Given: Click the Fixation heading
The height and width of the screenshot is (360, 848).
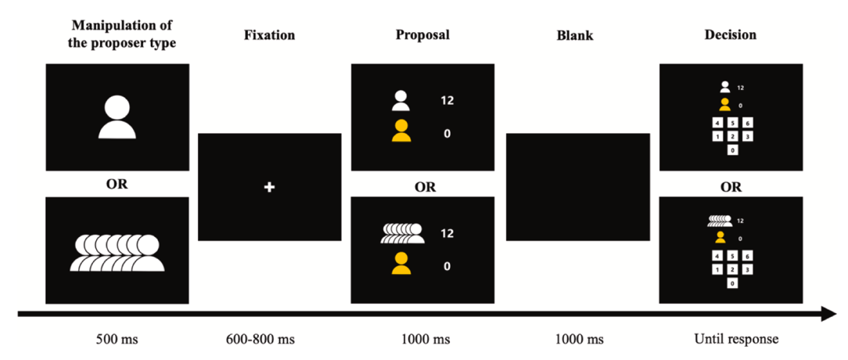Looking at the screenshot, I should point(270,35).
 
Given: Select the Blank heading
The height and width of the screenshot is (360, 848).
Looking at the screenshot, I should point(578,35).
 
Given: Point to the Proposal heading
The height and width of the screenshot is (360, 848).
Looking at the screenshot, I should point(423,35).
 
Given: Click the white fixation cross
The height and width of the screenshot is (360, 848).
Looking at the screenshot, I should point(270,188).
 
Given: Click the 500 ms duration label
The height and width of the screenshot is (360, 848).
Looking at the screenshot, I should point(117,339).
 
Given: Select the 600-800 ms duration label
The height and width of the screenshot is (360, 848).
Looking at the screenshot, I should point(270,339).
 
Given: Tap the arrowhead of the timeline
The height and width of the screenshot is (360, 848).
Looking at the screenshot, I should point(828,315).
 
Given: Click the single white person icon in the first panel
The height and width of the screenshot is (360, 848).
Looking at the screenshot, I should point(118,117).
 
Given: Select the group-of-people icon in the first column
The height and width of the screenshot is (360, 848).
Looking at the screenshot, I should point(118,252).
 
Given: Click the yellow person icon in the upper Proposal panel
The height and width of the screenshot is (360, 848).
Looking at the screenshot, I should point(401,132).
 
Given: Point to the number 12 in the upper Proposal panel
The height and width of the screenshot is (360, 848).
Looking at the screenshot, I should point(447,100).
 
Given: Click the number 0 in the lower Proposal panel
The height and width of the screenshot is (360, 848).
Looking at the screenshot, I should point(447,266).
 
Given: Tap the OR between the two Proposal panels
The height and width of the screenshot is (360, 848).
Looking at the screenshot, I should point(425,188).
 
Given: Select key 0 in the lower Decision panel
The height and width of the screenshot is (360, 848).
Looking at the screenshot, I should point(733,283).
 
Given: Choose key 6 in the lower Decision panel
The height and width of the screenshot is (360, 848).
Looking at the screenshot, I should point(749,256).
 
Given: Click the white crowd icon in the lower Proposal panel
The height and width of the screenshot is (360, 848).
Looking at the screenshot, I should point(403,233).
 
